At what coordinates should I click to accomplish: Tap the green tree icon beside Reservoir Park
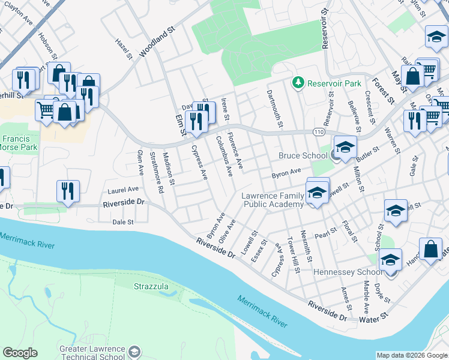pyautogui.click(x=297, y=82)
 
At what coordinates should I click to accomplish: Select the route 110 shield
pyautogui.click(x=318, y=131)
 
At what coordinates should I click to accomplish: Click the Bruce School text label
pyautogui.click(x=303, y=156)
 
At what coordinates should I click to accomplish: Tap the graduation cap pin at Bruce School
pyautogui.click(x=346, y=148)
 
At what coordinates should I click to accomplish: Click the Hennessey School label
pyautogui.click(x=348, y=272)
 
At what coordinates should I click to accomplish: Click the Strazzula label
pyautogui.click(x=151, y=287)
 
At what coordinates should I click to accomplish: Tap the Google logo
pyautogui.click(x=20, y=353)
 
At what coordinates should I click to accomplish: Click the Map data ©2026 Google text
pyautogui.click(x=412, y=355)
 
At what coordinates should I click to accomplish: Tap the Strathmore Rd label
pyautogui.click(x=156, y=172)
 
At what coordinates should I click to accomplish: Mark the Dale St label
pyautogui.click(x=122, y=222)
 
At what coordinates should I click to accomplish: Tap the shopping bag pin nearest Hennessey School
pyautogui.click(x=430, y=248)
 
